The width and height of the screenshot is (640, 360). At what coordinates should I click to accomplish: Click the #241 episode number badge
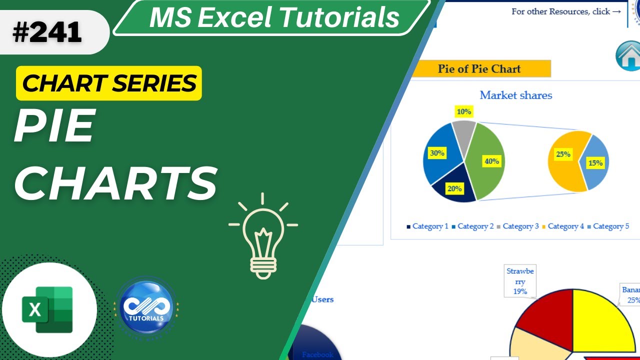(47, 33)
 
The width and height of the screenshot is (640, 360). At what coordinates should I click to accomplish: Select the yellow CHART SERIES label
(109, 83)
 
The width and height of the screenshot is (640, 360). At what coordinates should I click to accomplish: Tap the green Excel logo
(48, 309)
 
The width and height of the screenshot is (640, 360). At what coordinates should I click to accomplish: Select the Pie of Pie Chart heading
(479, 69)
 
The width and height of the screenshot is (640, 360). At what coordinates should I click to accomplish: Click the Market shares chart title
(515, 95)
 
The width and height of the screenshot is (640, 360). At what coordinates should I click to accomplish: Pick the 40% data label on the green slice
(491, 161)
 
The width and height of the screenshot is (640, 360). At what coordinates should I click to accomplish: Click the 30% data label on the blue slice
(436, 153)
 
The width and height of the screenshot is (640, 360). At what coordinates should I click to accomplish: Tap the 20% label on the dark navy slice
(454, 188)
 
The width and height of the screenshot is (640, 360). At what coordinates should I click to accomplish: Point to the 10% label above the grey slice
(463, 111)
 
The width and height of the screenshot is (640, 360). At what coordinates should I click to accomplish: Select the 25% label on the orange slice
(563, 154)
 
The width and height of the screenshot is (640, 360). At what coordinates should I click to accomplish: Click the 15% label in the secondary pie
(595, 162)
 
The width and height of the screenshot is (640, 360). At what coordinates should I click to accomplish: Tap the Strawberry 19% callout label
(520, 281)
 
